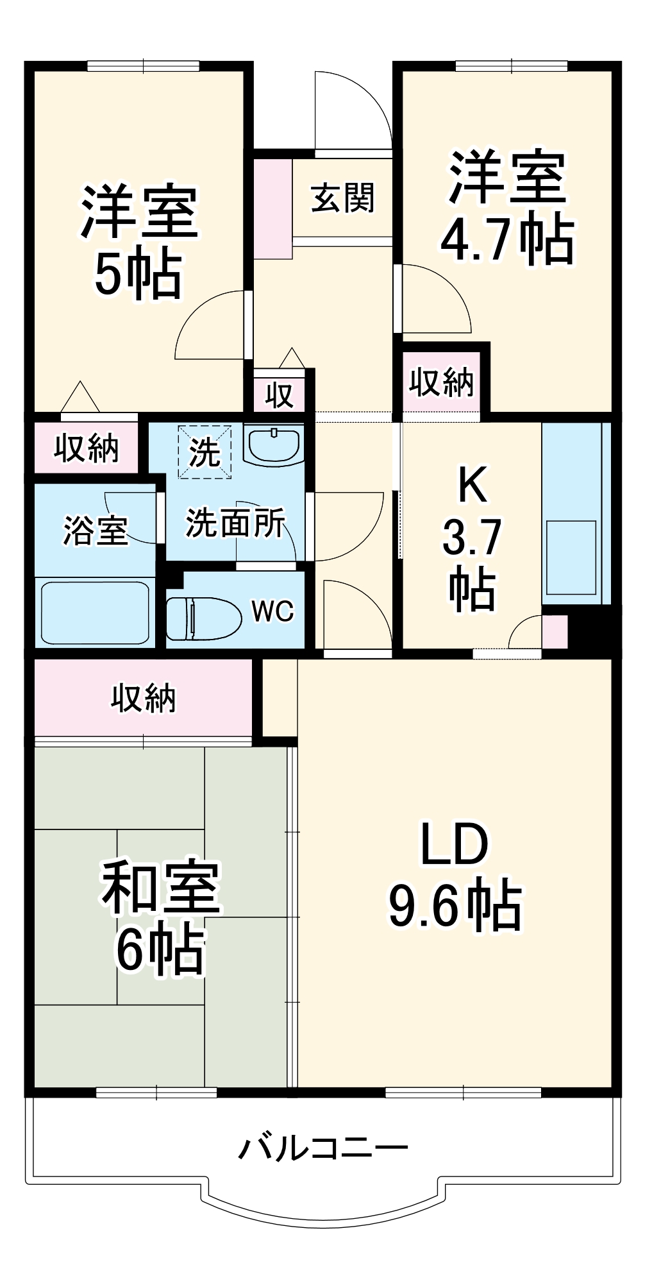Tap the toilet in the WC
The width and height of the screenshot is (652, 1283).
pos(202,618)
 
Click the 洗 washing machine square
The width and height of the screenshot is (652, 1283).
pos(205,452)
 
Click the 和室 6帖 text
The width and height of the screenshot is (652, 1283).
pos(160,917)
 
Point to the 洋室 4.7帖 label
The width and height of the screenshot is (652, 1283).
pos(506,208)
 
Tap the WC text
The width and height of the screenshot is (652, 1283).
pos(272,611)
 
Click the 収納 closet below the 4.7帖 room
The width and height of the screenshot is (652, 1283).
pos(441,382)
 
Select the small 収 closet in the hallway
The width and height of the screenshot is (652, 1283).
pos(280,395)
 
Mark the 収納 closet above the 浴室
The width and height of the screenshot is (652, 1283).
pos(86,448)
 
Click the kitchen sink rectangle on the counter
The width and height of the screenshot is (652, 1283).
pos(571,557)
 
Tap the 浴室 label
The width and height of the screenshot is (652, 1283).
pos(95,530)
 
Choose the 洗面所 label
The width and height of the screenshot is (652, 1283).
pos(235,523)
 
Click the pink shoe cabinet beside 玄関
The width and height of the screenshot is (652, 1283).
pos(272,208)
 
